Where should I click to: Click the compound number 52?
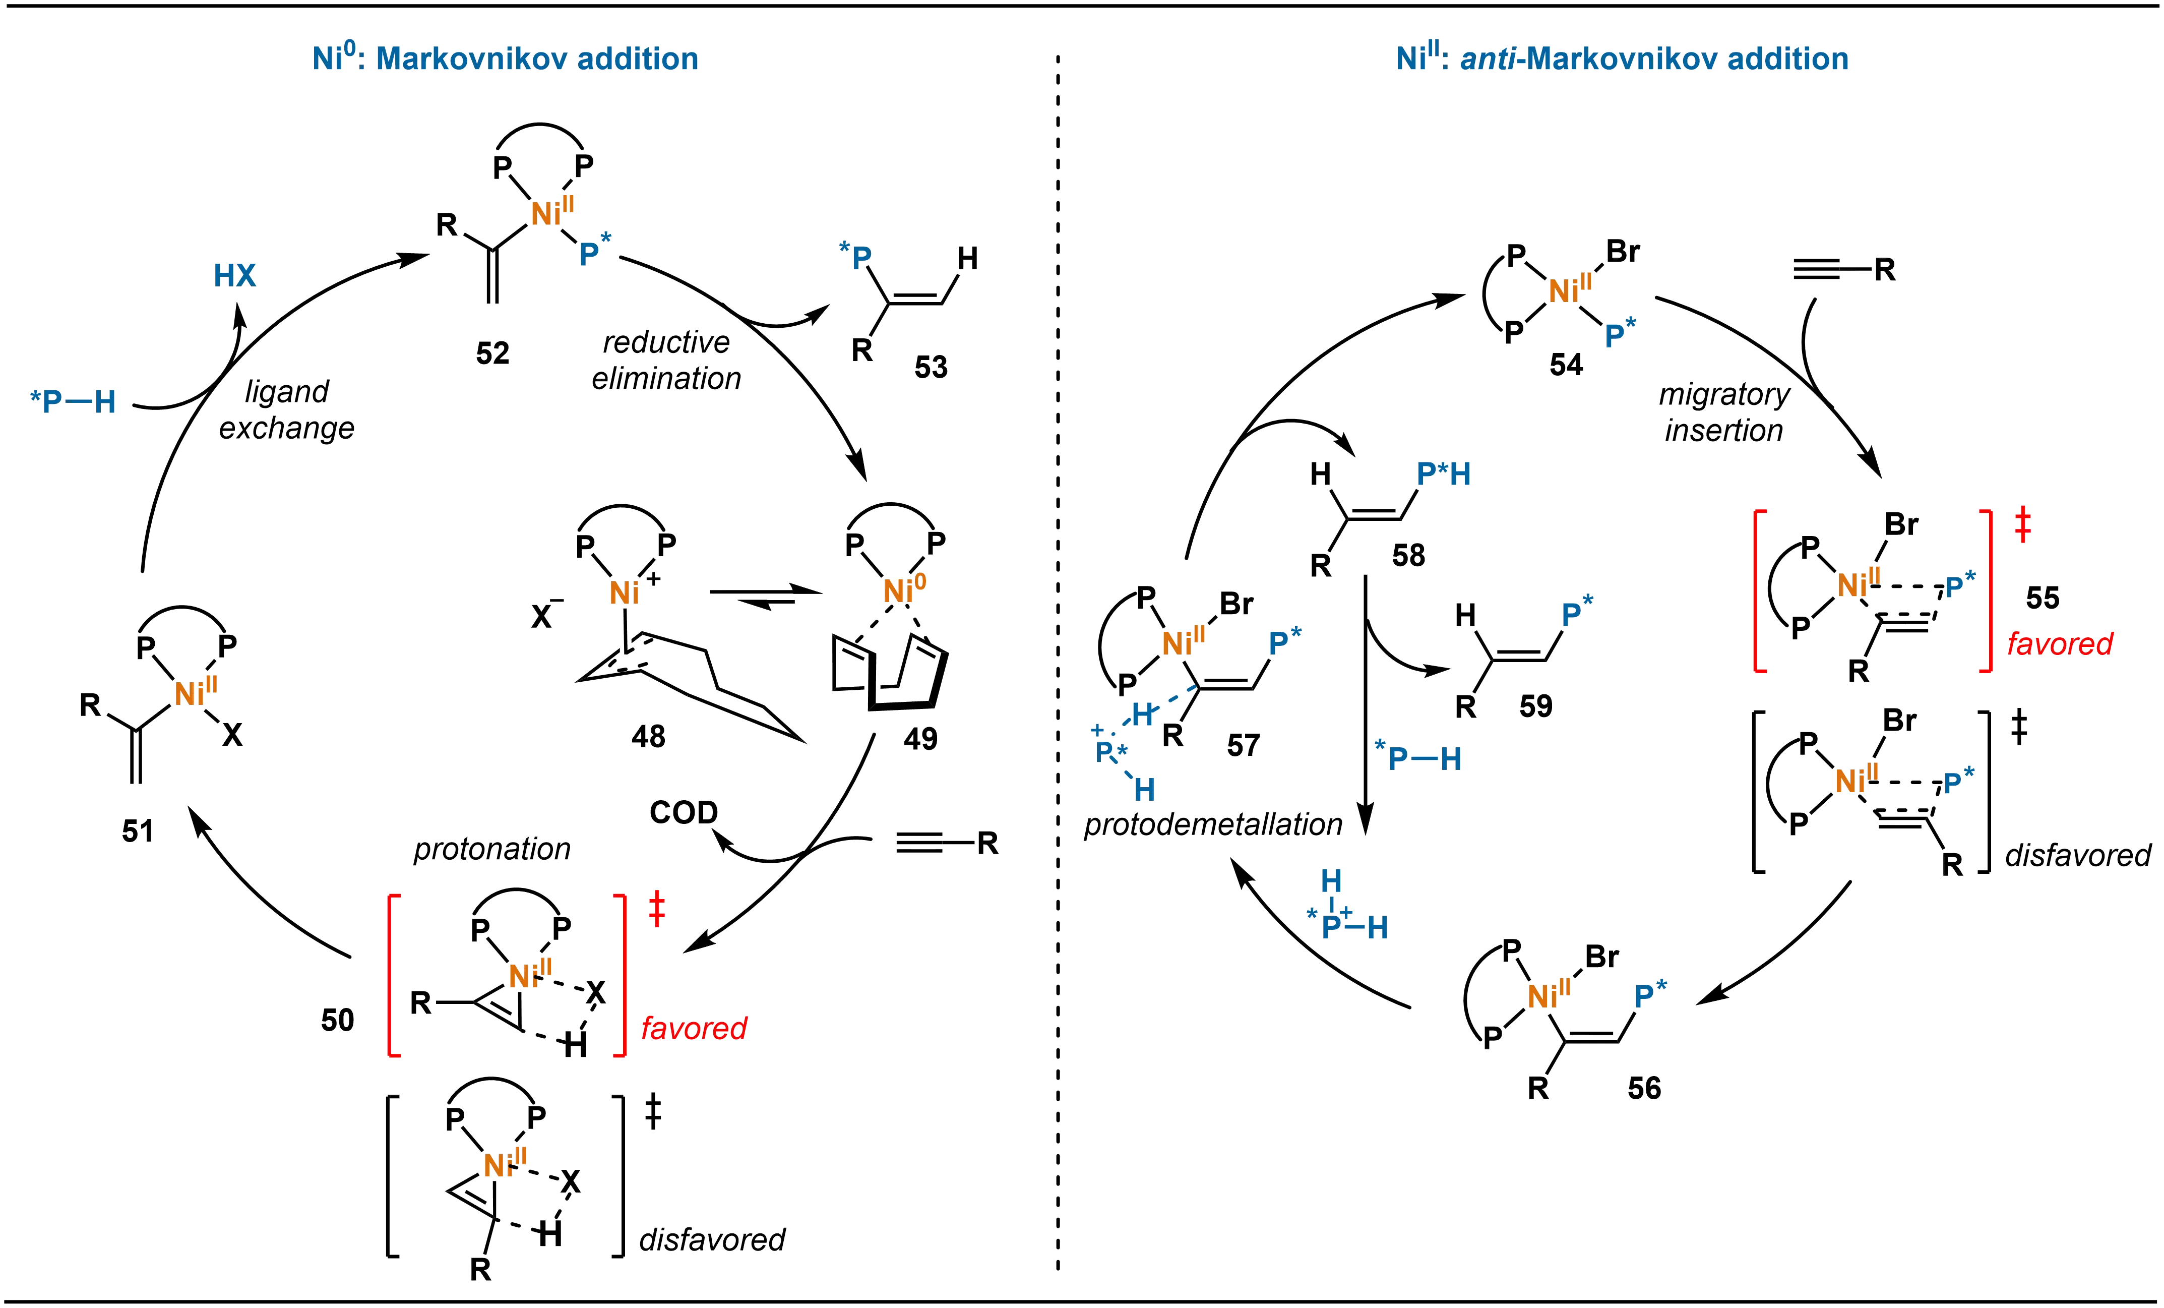[492, 353]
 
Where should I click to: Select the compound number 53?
[931, 366]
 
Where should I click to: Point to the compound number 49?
[920, 738]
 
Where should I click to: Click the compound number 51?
[138, 830]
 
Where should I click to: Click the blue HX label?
[234, 275]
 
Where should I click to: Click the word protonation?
[492, 849]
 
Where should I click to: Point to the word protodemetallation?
[1213, 824]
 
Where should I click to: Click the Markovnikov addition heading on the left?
[504, 59]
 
